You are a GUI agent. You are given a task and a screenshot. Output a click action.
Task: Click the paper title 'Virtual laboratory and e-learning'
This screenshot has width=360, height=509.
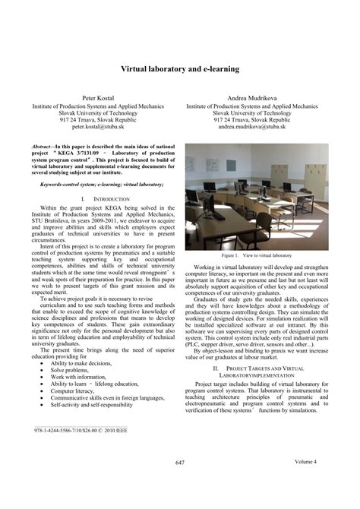click(180, 68)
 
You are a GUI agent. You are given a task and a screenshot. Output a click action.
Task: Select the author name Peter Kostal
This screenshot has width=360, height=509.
click(99, 100)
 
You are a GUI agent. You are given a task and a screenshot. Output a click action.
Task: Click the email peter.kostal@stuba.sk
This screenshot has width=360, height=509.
click(99, 127)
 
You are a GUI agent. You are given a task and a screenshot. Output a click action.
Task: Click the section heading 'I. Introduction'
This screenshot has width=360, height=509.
click(99, 198)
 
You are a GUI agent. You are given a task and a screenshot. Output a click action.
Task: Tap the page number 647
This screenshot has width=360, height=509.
click(180, 463)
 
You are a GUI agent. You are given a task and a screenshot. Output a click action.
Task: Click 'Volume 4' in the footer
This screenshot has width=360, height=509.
click(306, 462)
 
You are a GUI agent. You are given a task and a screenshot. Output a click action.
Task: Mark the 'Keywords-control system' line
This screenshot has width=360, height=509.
click(99, 184)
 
